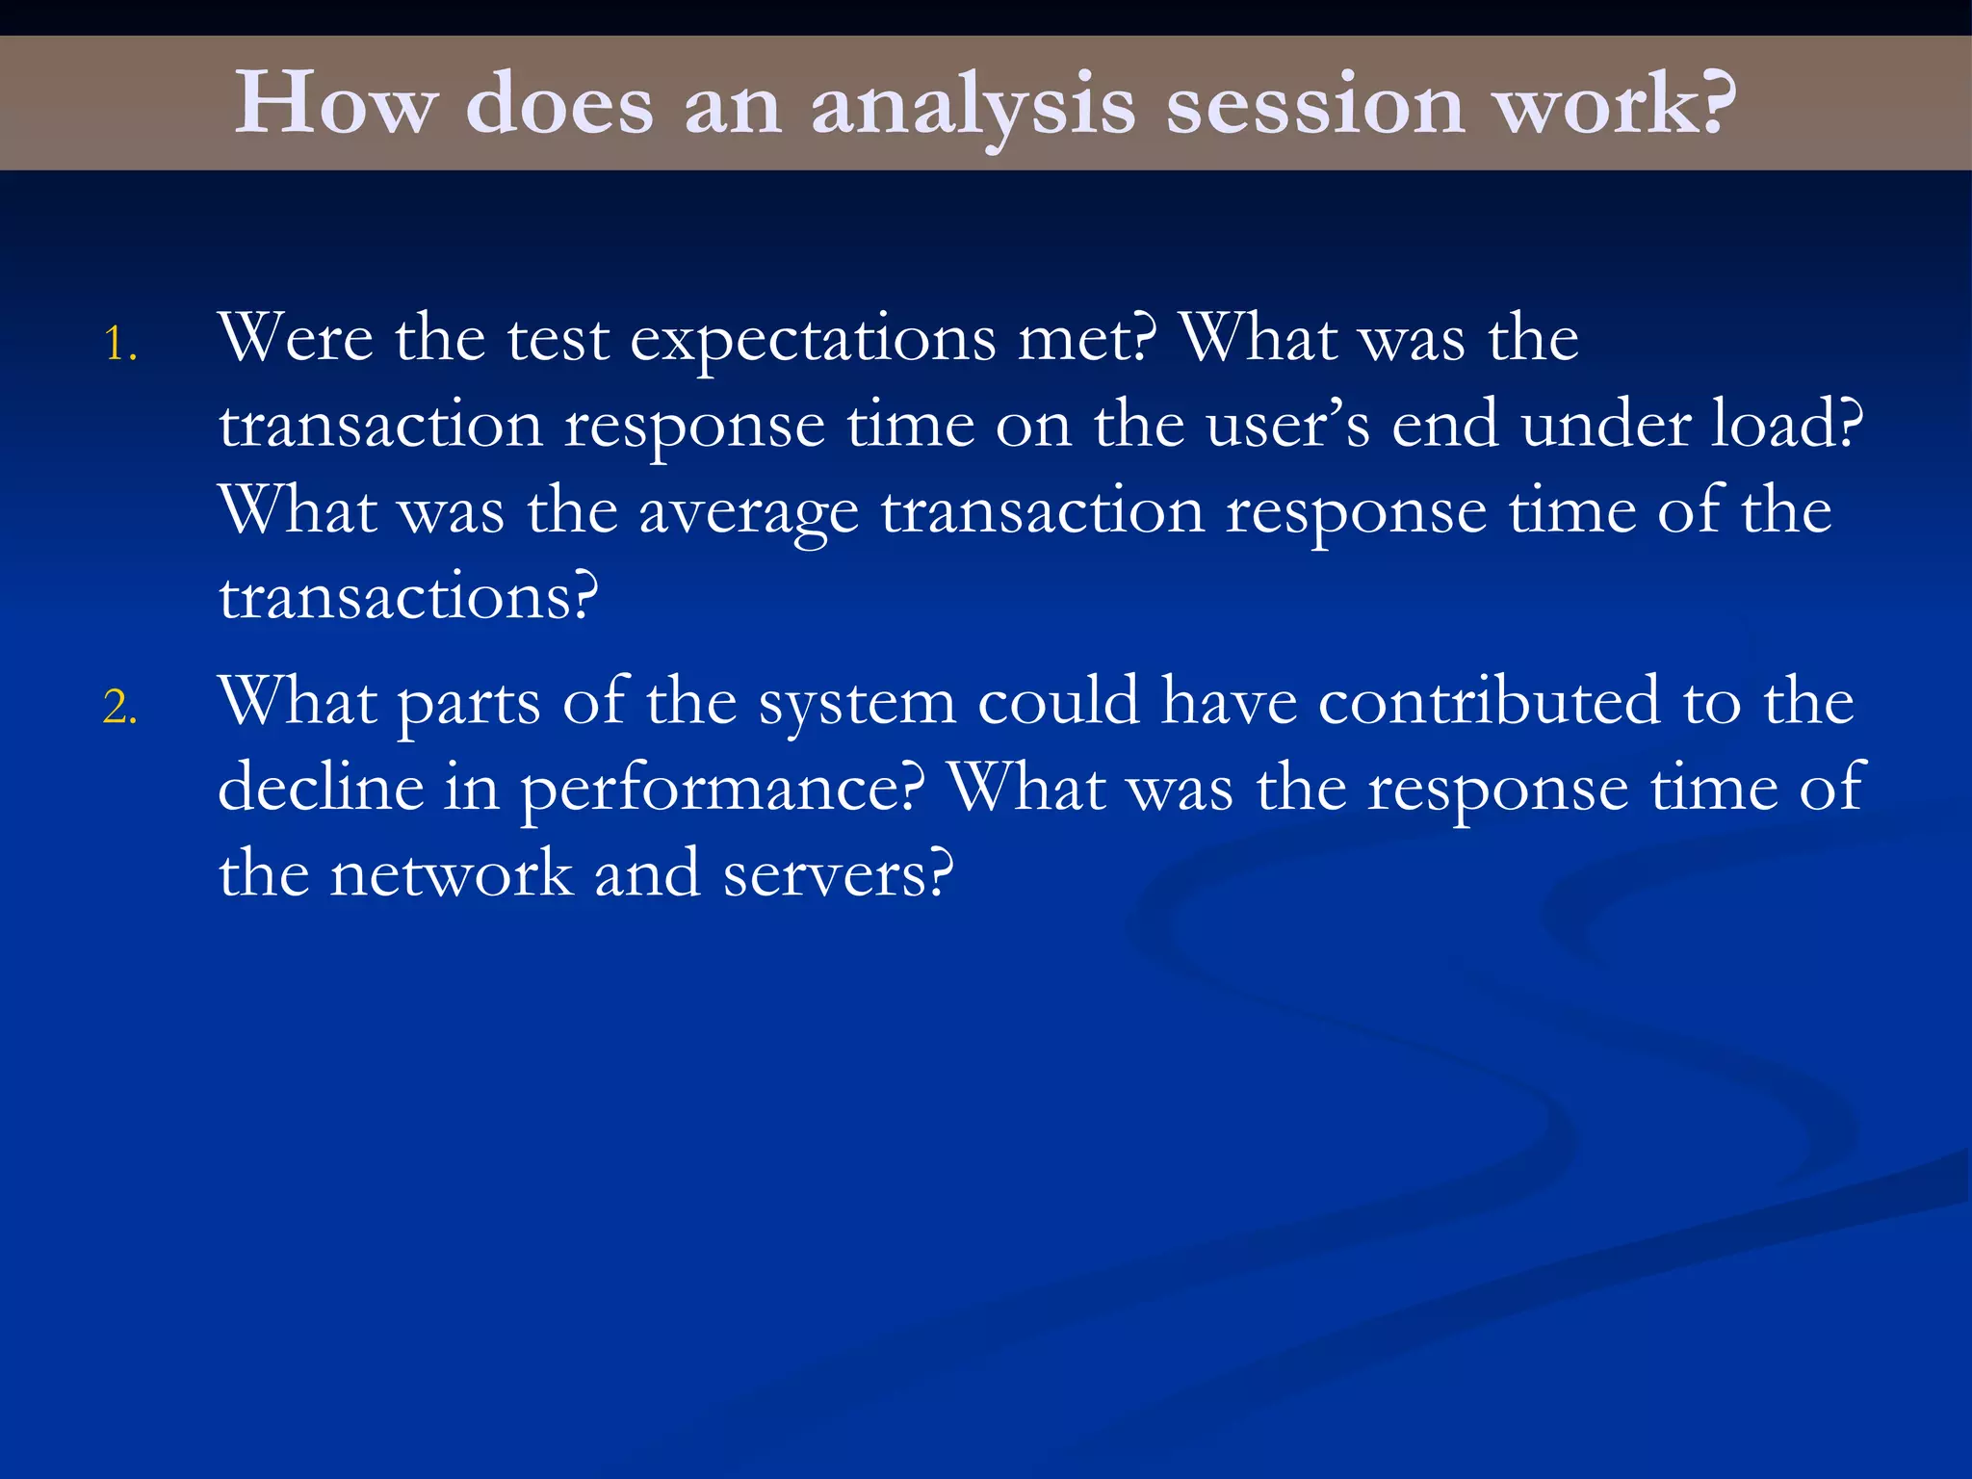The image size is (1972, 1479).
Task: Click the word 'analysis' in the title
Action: click(973, 106)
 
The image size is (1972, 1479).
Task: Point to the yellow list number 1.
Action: click(120, 345)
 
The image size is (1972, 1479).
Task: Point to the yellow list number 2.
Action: click(120, 708)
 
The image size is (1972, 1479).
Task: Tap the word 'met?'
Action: click(1087, 339)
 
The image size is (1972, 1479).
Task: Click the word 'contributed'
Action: click(1489, 701)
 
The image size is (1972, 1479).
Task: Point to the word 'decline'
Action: click(321, 788)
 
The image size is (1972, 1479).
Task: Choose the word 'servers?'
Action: click(838, 874)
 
